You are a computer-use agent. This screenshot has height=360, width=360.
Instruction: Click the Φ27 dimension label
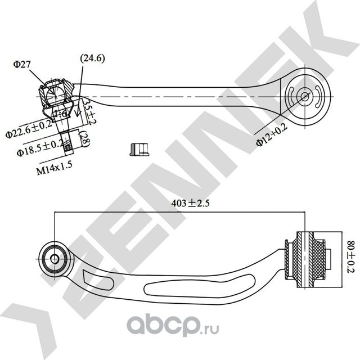(22, 65)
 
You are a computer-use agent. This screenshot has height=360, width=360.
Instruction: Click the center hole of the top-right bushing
(304, 96)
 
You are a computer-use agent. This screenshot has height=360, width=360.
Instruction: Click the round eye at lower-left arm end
(55, 258)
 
